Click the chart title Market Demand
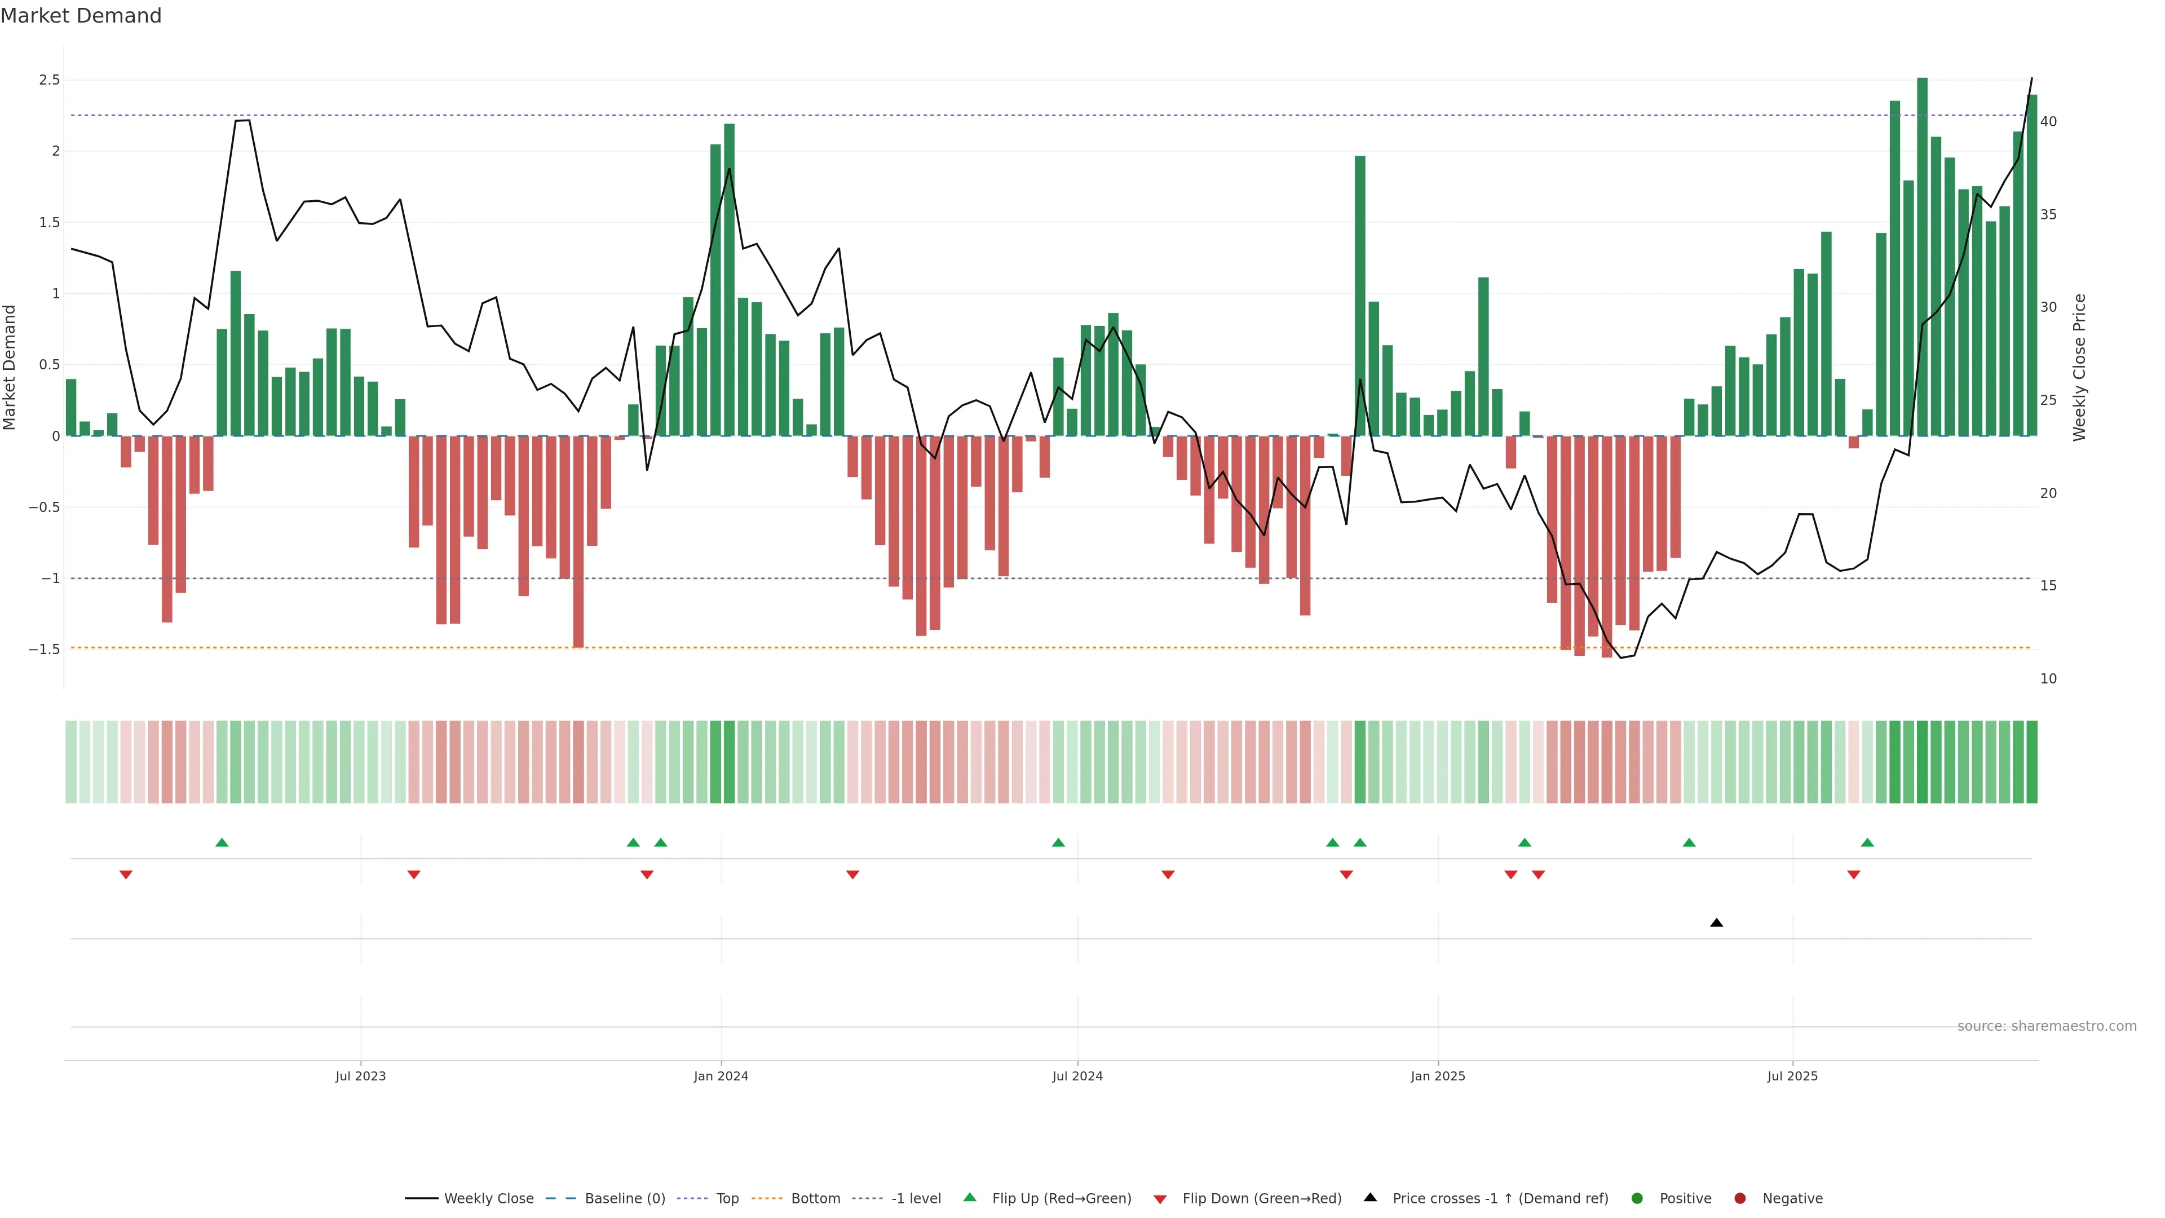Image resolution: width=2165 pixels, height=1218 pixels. click(81, 16)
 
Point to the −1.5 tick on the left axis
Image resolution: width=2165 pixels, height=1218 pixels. click(45, 650)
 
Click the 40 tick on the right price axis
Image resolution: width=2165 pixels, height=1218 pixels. click(2048, 122)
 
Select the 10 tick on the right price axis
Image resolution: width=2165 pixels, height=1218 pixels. click(2048, 679)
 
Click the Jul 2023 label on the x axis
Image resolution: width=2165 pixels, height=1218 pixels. click(361, 1076)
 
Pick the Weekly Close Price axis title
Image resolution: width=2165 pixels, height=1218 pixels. click(2079, 367)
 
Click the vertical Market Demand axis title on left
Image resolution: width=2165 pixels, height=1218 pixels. click(10, 367)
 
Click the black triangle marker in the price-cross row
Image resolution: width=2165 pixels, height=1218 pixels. click(1716, 923)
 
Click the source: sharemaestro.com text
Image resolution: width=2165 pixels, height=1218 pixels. click(2047, 1026)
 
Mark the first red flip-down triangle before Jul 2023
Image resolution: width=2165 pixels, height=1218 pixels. click(126, 875)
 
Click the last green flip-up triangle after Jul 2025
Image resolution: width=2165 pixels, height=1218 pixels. click(1867, 842)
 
